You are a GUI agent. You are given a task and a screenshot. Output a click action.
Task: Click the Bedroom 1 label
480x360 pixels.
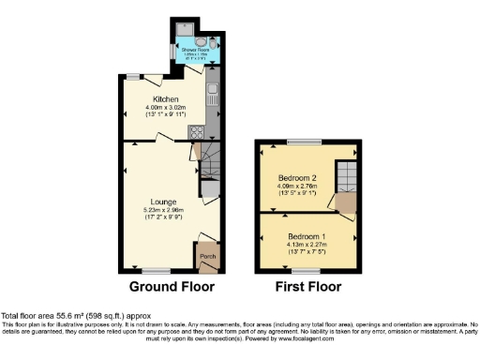(307, 234)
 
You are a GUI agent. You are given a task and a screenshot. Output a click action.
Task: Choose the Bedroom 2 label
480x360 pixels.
(297, 177)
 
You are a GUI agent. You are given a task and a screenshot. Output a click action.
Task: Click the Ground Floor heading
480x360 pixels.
(172, 287)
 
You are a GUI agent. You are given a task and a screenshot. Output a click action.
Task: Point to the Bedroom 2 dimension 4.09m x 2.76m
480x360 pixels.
(298, 186)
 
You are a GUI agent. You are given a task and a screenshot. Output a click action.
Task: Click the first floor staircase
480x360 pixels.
(346, 183)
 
